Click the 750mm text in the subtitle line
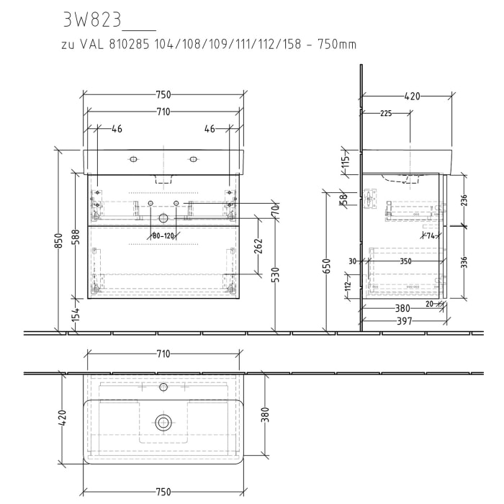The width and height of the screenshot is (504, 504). click(338, 45)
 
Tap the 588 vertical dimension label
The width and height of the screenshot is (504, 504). click(75, 238)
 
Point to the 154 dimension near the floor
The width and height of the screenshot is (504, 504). click(75, 313)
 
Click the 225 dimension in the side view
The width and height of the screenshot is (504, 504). click(386, 113)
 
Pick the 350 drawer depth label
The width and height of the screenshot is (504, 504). click(405, 262)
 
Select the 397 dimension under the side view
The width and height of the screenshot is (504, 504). click(405, 322)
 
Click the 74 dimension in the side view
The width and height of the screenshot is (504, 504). click(431, 235)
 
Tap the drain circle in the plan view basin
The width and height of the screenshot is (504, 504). click(163, 423)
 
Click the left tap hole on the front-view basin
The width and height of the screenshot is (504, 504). click(132, 159)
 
